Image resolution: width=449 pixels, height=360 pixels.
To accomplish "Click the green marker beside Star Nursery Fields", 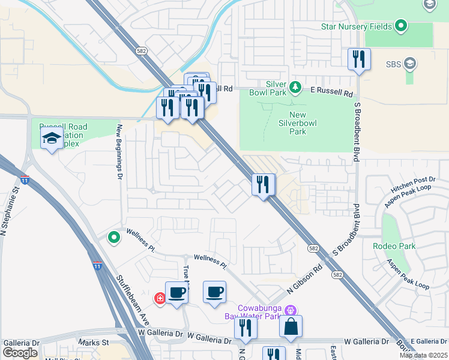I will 401,26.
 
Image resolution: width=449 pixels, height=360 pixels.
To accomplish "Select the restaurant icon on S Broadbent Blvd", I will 359,59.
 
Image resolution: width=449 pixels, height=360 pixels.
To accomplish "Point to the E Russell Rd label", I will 331,93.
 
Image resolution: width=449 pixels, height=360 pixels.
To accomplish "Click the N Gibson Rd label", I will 305,280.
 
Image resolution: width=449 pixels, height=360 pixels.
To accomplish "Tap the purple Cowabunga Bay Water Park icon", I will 291,310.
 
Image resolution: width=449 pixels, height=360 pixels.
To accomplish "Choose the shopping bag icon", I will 291,327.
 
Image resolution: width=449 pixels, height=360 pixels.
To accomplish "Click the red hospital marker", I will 160,298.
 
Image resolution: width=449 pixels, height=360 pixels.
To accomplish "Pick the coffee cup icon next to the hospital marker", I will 176,293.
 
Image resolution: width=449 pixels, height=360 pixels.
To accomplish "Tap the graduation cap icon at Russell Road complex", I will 52,139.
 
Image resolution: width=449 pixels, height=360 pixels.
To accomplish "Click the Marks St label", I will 92,343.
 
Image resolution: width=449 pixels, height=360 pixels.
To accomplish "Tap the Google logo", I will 20,353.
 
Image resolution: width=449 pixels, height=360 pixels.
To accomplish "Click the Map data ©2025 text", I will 423,355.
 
